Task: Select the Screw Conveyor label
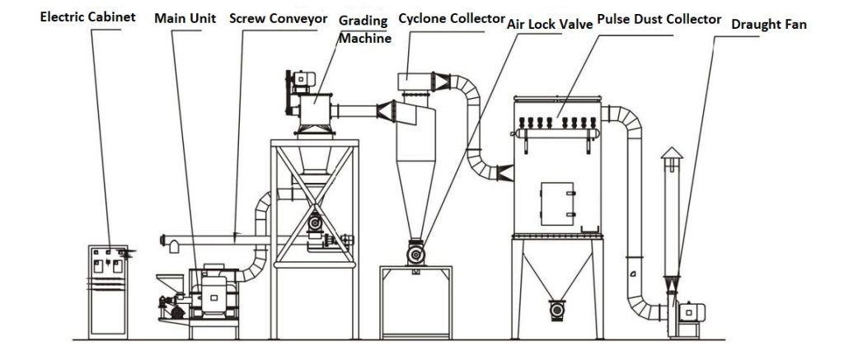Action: click(x=271, y=16)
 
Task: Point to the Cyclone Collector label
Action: click(x=450, y=16)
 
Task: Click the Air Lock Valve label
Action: click(x=550, y=24)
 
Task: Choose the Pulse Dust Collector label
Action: click(x=659, y=18)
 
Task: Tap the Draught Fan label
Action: click(x=768, y=25)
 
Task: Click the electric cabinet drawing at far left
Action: click(x=109, y=288)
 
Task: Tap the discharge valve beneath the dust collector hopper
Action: click(x=558, y=311)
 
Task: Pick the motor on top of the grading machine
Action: click(x=299, y=79)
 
